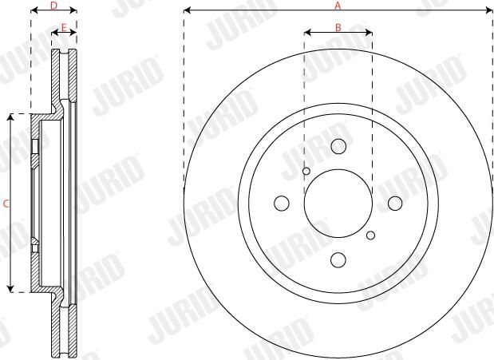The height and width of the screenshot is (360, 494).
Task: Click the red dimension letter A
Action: (x=338, y=6)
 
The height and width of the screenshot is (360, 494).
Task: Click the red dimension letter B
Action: (x=338, y=28)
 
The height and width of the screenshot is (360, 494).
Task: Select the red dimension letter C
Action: (x=6, y=204)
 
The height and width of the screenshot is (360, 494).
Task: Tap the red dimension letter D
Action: (x=54, y=6)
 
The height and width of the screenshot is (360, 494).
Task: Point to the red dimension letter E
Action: (x=64, y=28)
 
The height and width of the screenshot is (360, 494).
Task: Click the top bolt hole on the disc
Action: (x=338, y=146)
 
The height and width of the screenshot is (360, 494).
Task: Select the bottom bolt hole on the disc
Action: (x=338, y=259)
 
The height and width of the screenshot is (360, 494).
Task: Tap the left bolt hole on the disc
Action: (x=282, y=204)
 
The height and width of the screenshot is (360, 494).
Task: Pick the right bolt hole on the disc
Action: (x=395, y=204)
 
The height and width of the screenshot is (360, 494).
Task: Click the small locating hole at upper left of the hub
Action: (x=306, y=171)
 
